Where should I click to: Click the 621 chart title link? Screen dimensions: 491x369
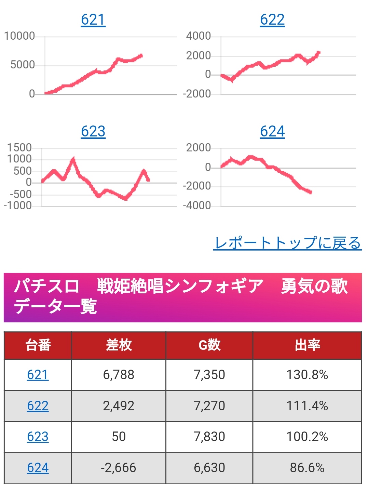(93, 19)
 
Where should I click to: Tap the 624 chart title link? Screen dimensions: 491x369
(272, 131)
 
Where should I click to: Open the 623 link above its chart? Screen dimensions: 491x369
(93, 131)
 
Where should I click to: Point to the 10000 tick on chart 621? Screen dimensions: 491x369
(19, 36)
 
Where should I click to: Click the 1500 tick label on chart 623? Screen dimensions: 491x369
(19, 148)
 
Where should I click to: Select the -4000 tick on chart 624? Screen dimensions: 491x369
(197, 205)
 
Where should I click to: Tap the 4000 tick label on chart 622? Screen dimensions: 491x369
(198, 36)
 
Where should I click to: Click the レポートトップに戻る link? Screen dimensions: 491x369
(287, 243)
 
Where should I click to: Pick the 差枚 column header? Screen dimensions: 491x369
(119, 345)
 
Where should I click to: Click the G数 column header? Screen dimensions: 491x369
(209, 345)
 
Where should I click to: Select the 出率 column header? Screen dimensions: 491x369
(307, 345)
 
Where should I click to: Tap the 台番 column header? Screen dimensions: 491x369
(38, 345)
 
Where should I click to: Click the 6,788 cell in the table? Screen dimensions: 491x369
(119, 375)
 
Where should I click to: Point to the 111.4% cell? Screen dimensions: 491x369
(307, 406)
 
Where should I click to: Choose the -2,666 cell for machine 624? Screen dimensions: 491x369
(119, 468)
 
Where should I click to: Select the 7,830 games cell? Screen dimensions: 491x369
(209, 437)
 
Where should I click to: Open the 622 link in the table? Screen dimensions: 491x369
(38, 406)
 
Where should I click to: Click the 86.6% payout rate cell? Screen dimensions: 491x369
(307, 468)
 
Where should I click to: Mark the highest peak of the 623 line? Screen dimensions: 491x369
(73, 159)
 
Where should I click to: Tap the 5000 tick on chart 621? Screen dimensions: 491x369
(23, 65)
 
